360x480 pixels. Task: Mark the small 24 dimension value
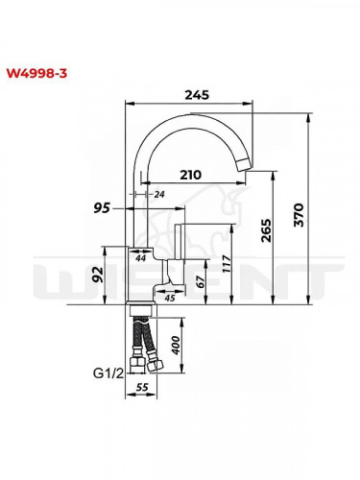coord(159,195)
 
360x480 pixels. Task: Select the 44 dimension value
coord(140,258)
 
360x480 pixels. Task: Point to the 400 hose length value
coord(174,343)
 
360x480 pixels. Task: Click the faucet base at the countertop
coord(140,308)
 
